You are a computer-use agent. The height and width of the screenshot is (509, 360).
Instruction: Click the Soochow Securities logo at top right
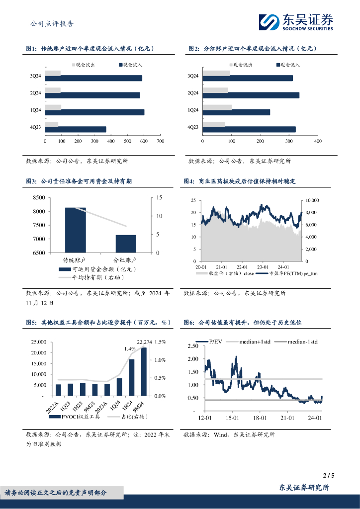pos(296,22)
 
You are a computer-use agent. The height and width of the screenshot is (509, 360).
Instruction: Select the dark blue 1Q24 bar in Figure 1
pos(94,112)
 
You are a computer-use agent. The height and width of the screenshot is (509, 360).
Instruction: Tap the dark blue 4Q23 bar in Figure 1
pos(76,129)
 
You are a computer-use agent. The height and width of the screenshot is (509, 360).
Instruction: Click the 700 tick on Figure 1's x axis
pos(160,142)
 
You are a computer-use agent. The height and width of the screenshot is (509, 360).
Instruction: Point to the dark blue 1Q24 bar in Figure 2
pos(237,112)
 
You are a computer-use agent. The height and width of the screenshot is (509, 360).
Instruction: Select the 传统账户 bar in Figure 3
pos(76,230)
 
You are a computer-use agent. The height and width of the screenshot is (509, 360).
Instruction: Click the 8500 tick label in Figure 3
pos(37,198)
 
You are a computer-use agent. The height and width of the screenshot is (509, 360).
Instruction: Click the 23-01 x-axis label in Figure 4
pos(263,267)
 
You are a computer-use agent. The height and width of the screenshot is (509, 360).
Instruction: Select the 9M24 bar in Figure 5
pos(144,371)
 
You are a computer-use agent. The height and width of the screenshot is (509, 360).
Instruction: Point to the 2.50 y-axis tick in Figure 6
pos(191,345)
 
